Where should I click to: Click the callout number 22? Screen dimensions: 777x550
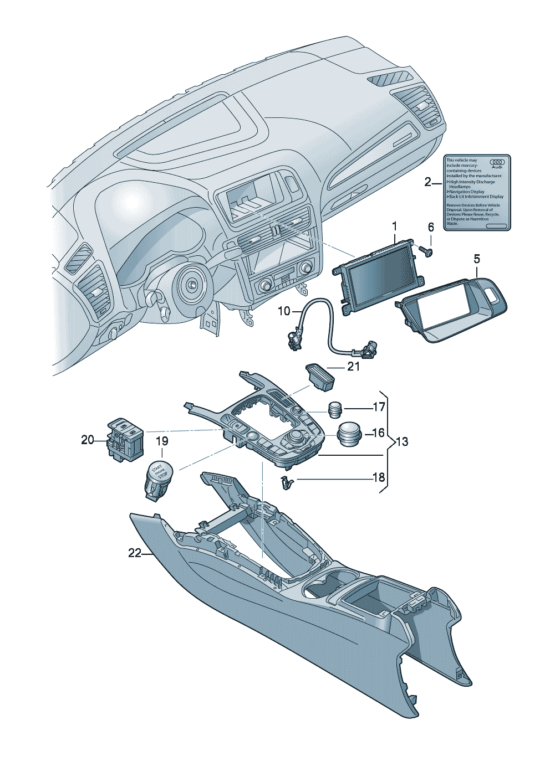[x=135, y=553]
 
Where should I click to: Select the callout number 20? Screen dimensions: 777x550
[x=88, y=440]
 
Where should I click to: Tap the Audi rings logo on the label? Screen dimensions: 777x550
[x=496, y=163]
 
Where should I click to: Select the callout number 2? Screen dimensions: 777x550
[x=427, y=182]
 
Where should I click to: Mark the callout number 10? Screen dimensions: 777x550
[x=284, y=312]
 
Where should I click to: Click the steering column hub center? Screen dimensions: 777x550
[x=192, y=284]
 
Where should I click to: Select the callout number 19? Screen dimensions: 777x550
[x=161, y=441]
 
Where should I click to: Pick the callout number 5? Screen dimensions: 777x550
[x=477, y=259]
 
